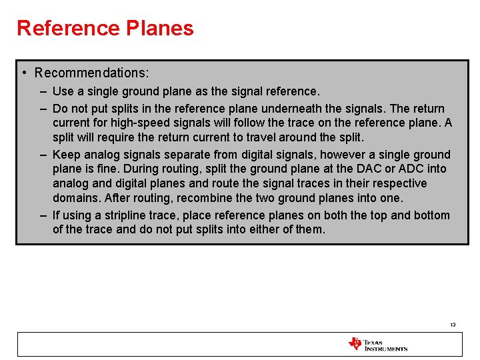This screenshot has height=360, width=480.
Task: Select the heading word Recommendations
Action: (x=92, y=72)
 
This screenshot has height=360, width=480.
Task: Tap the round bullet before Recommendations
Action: (x=23, y=72)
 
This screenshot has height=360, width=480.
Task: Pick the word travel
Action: (x=285, y=137)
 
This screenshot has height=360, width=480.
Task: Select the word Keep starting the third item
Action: (x=65, y=155)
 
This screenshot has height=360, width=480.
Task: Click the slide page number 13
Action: (x=452, y=325)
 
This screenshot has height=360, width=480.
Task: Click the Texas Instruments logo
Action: (x=377, y=345)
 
